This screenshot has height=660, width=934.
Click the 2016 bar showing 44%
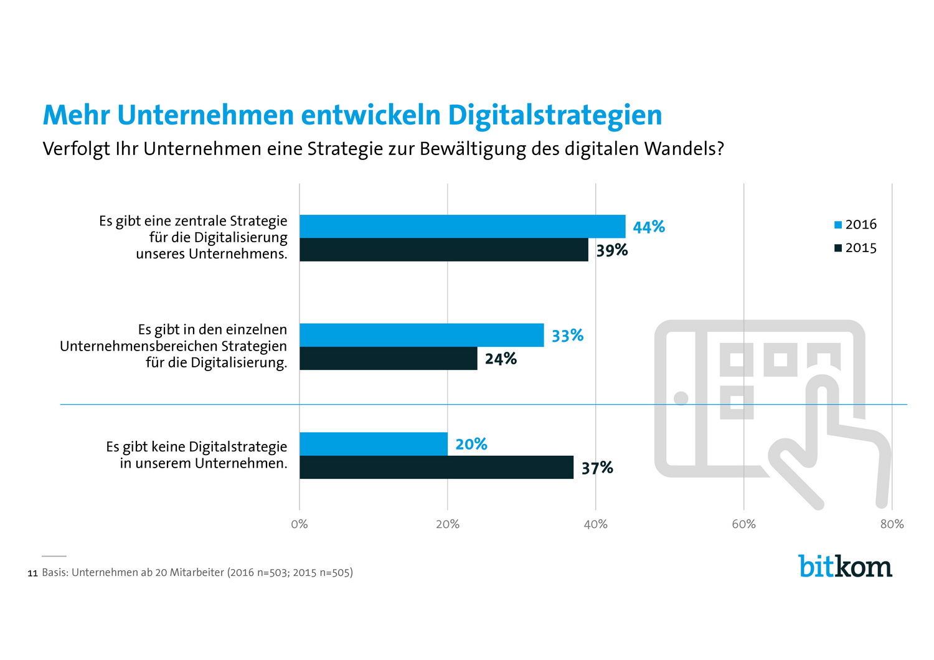click(x=462, y=227)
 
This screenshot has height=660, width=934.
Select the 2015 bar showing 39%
click(x=443, y=250)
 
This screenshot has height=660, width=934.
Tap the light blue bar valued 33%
click(x=422, y=335)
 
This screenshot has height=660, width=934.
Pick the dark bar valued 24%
click(x=388, y=359)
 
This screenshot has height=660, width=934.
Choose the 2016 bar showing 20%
click(x=373, y=444)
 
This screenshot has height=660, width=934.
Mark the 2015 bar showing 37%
click(x=436, y=468)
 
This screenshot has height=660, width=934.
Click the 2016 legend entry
click(x=856, y=224)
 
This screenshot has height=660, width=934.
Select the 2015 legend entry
click(x=856, y=248)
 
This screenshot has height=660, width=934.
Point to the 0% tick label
click(x=300, y=524)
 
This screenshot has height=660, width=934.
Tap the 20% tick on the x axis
click(x=448, y=524)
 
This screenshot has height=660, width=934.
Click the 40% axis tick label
click(x=596, y=524)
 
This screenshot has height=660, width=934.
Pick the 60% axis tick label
click(x=744, y=524)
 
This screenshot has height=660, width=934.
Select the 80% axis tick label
click(x=892, y=524)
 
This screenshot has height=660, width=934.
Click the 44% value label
click(x=649, y=227)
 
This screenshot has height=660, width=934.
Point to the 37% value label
click(x=597, y=468)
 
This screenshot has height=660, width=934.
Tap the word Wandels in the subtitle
click(x=684, y=149)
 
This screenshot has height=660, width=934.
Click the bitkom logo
click(x=845, y=566)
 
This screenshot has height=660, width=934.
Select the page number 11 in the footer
click(x=33, y=573)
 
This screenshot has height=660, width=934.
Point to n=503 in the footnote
click(x=271, y=573)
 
